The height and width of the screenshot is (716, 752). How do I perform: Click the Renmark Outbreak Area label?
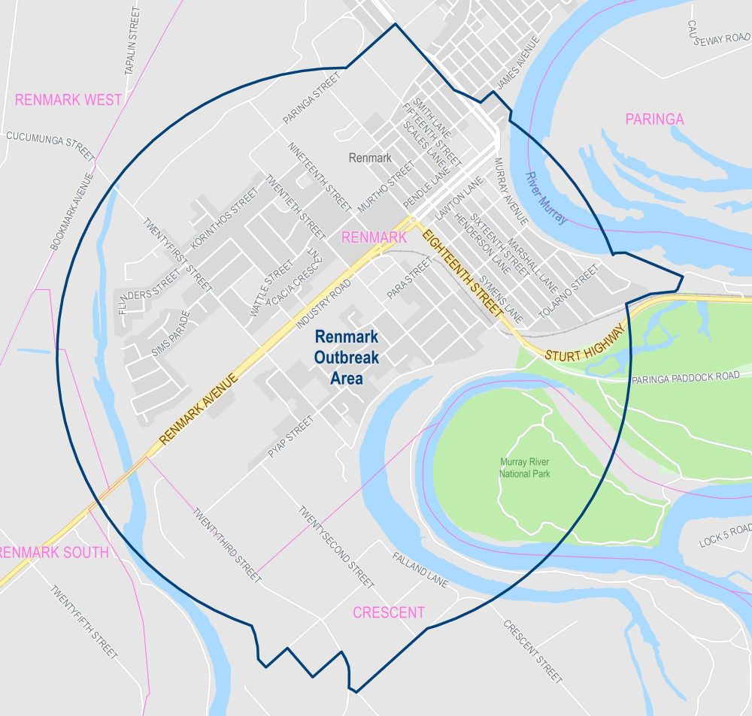pos(347,358)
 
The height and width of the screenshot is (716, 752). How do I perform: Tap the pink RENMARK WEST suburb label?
pos(68,99)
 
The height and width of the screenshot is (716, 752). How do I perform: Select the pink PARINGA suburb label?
pos(654,119)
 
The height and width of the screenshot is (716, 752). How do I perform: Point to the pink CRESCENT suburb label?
pos(389,612)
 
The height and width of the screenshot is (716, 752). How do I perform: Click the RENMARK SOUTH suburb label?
pos(54,552)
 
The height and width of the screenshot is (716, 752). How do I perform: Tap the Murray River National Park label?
pos(525,468)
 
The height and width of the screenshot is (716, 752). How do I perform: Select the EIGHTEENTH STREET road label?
pos(462,272)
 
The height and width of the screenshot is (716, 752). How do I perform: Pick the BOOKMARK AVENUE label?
pos(71,212)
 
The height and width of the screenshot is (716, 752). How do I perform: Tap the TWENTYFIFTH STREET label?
pos(84,622)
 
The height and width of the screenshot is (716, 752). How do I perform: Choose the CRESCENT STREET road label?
pos(532,651)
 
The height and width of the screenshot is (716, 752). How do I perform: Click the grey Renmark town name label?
pos(370,158)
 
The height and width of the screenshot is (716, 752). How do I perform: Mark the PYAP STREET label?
pos(290,437)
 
